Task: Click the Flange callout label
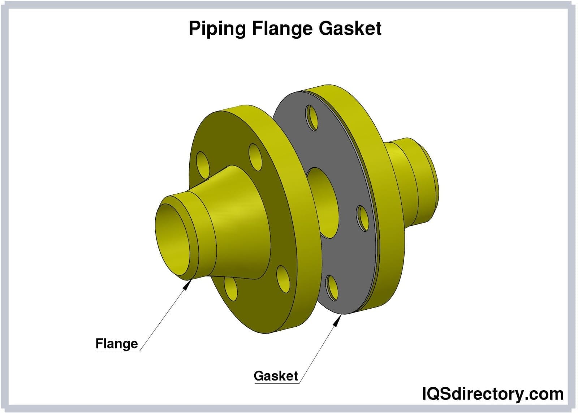tap(116, 344)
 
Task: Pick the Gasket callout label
tap(276, 376)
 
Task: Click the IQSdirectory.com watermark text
tap(492, 393)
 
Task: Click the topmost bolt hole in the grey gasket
tap(312, 117)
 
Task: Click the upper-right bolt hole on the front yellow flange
tap(255, 157)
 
